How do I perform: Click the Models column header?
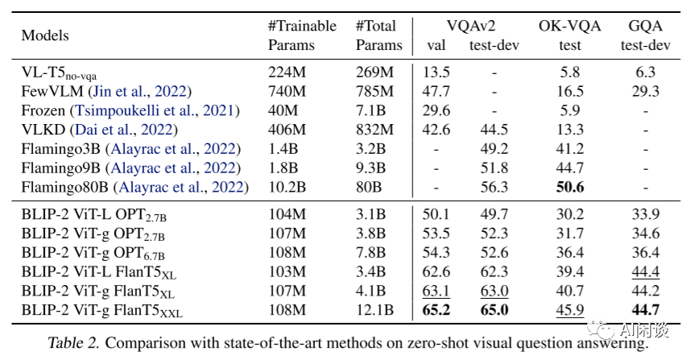pyautogui.click(x=45, y=35)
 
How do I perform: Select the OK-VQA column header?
pyautogui.click(x=569, y=26)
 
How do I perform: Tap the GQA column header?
pyautogui.click(x=645, y=26)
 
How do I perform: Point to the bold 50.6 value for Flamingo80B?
pyautogui.click(x=569, y=188)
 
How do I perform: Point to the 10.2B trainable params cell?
pyautogui.click(x=288, y=188)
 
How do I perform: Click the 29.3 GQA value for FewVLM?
pyautogui.click(x=645, y=91)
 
